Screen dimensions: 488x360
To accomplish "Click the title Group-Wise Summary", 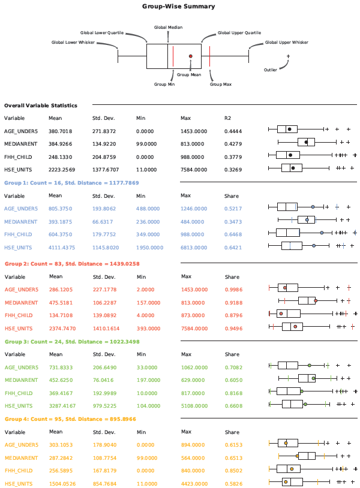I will coord(178,6).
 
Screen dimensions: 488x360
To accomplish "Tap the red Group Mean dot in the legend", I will coord(191,56).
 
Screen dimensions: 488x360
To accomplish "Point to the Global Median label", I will coord(168,28).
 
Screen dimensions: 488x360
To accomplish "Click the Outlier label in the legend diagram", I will coord(271,70).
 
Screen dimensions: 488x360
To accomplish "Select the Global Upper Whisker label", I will coord(286,43).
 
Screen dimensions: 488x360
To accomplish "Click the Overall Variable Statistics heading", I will coord(41,106).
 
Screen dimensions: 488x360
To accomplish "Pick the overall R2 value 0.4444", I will coord(233,131).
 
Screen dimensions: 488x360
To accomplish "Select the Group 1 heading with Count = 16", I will coord(71,183).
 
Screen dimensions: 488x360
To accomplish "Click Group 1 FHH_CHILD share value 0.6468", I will coord(233,234).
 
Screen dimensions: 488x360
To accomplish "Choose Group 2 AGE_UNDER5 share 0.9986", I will coord(233,290).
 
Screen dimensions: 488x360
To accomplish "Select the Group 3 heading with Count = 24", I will coord(72,342).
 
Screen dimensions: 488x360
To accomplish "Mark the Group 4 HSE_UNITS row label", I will coord(19,484).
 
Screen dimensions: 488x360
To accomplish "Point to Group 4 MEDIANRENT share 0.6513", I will coord(233,457).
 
